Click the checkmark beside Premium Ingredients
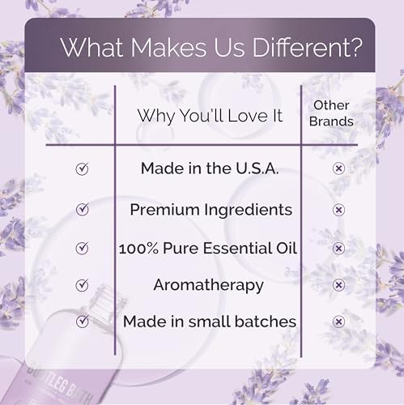81,209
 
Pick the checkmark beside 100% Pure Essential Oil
81,247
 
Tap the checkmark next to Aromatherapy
81,284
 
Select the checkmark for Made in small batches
81,322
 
